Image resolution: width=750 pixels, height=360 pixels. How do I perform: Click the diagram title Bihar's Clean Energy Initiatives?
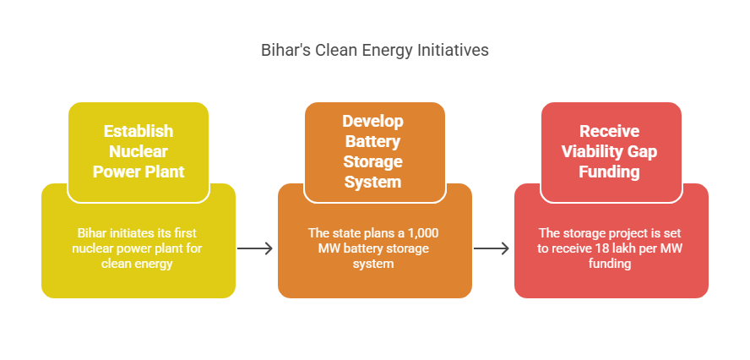pos(374,50)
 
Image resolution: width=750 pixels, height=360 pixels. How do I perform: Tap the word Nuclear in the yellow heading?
pos(139,151)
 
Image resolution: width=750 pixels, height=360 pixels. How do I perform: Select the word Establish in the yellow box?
pos(139,131)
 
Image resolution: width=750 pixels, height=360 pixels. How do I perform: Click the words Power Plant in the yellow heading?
pos(139,172)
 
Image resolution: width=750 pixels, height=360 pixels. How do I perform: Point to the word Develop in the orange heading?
pos(372,121)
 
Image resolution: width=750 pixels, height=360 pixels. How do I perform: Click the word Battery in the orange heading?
pos(372,141)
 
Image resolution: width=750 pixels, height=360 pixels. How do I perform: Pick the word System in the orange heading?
pos(372,182)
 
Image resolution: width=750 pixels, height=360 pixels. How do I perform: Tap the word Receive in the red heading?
pos(610,131)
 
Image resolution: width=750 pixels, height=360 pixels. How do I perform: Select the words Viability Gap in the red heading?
pos(610,151)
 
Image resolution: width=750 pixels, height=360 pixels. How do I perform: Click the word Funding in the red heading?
pos(610,172)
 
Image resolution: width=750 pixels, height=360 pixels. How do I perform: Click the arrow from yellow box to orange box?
pos(255,248)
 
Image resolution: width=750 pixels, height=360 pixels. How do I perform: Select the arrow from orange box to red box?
pos(492,248)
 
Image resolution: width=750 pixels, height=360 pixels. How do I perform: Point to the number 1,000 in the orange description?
pos(423,233)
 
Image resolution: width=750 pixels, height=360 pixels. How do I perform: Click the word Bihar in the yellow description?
pos(89,233)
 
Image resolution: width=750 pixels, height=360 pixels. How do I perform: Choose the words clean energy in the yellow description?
pos(137,264)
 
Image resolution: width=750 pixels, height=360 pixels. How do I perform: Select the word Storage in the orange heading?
pos(372,161)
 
